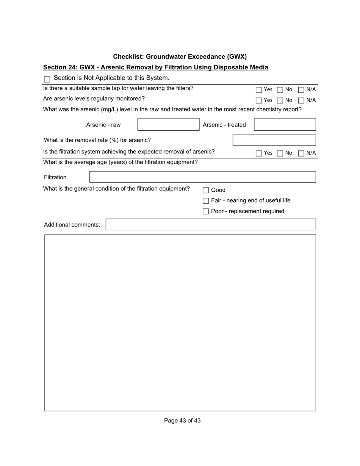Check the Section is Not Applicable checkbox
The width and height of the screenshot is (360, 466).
pos(47,80)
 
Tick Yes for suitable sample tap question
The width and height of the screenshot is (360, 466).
pos(259,90)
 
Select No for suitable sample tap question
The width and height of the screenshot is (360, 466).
pos(280,90)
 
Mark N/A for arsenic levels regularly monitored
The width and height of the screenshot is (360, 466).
pos(301,100)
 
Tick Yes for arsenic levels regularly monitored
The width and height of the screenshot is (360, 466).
pos(259,100)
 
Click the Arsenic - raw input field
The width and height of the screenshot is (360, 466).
pos(168,125)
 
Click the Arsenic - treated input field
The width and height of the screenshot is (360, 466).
pos(285,125)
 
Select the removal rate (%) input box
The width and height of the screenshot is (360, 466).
pos(274,140)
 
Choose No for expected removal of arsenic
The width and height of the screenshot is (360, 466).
pos(280,153)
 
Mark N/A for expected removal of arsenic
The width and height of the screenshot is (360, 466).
pos(301,153)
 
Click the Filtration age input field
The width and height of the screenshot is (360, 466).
pos(202,177)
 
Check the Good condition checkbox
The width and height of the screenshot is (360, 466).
pos(206,190)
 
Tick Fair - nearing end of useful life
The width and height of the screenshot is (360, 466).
pos(206,201)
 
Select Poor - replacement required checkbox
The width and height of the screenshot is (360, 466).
pos(206,211)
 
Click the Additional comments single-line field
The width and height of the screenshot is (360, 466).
pos(210,225)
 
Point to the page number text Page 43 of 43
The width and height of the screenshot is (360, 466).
pos(182,421)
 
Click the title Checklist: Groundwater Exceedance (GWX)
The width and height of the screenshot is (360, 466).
pos(180,57)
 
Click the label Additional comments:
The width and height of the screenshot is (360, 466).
pos(72,225)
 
